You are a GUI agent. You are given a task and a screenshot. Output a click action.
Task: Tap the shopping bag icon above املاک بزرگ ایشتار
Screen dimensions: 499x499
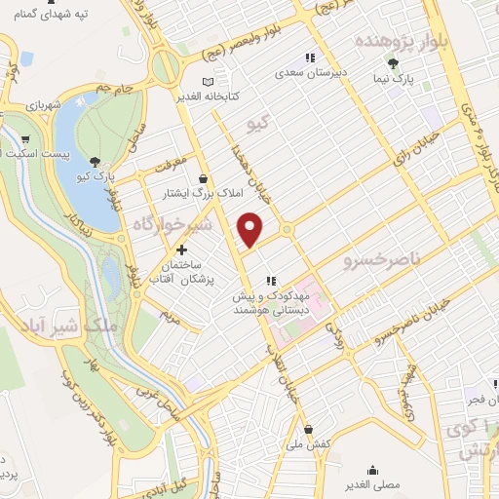pos(203,178)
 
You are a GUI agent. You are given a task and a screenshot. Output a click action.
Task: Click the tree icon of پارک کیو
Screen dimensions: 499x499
pos(94,162)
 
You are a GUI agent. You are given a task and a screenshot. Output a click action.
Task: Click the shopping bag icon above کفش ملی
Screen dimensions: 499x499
pos(309,429)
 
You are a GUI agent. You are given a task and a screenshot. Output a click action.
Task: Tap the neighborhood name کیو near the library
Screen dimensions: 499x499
pos(258,123)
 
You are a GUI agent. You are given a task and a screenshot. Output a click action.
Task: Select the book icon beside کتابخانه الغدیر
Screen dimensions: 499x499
pos(207,82)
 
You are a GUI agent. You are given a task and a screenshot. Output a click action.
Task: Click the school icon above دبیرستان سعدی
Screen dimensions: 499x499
pos(311,57)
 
